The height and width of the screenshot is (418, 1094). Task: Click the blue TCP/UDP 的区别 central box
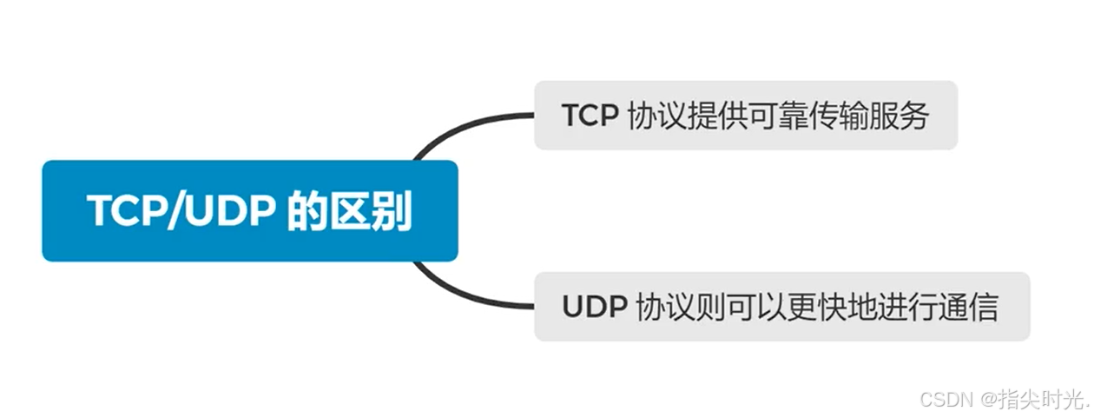pos(250,210)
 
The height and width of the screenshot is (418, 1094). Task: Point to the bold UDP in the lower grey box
pos(595,308)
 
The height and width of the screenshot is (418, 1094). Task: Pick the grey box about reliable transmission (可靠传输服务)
pos(745,116)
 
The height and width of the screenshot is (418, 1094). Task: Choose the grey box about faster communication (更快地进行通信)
pos(781,307)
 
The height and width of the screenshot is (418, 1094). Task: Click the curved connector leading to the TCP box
pos(460,128)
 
